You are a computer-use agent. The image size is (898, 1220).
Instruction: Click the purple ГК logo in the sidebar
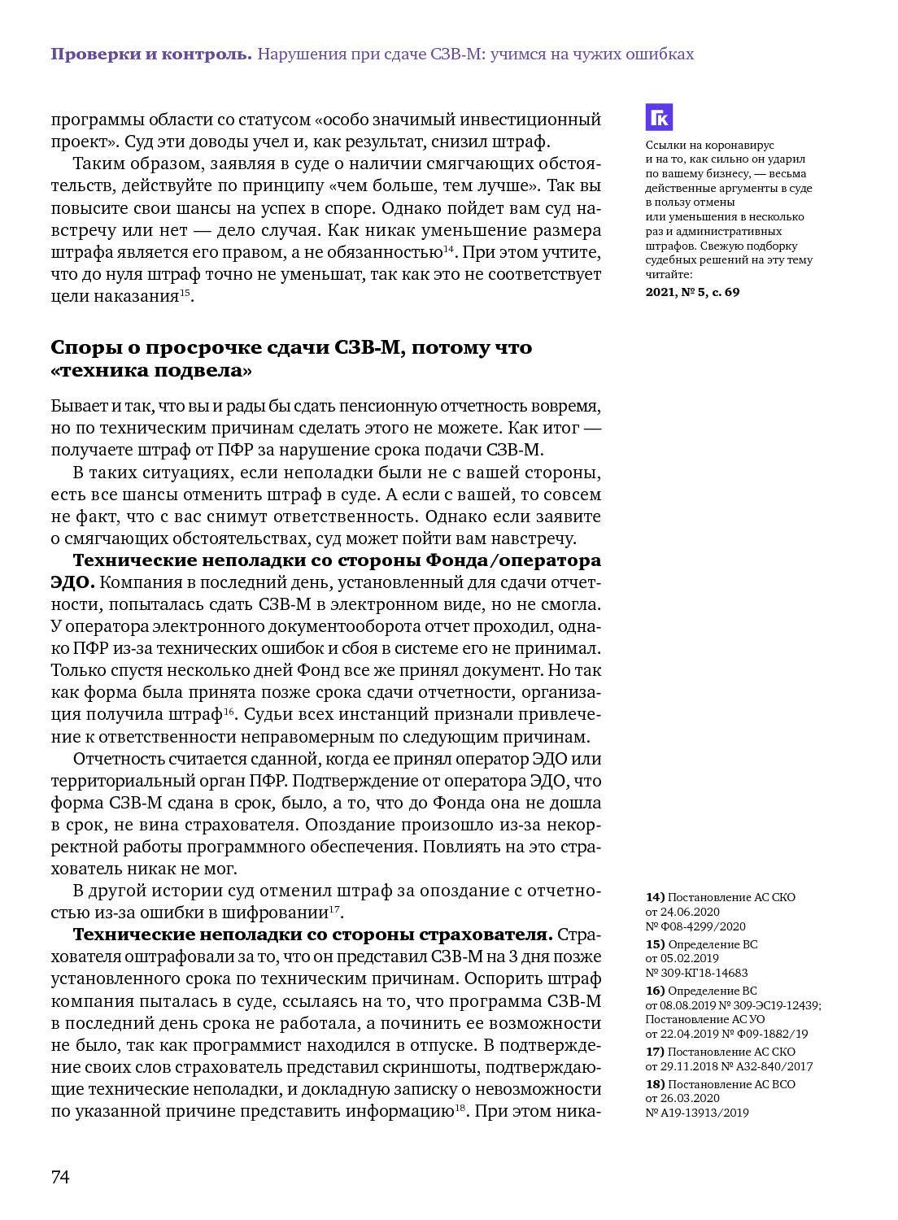click(x=659, y=117)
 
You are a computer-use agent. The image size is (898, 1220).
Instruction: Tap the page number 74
click(x=60, y=1177)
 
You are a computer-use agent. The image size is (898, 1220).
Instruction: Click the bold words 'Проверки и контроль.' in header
click(x=151, y=54)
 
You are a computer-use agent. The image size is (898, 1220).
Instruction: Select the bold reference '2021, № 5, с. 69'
click(x=692, y=292)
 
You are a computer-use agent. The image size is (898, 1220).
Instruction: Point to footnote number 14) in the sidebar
click(x=655, y=897)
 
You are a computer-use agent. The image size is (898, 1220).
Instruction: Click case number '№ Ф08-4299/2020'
click(x=695, y=926)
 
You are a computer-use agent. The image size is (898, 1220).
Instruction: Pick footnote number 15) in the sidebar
click(x=655, y=944)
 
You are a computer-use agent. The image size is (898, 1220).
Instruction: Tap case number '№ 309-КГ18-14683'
click(x=696, y=973)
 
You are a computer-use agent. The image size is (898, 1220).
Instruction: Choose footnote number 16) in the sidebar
click(x=655, y=991)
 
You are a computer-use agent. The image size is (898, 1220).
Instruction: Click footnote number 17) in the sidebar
click(x=655, y=1052)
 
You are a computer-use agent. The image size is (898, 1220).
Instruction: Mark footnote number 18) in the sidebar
click(x=655, y=1084)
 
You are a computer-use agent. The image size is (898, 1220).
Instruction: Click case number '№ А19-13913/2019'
click(x=697, y=1113)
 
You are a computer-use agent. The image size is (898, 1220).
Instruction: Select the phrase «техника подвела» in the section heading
click(x=151, y=371)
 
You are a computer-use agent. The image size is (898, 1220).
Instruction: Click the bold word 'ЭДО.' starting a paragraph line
click(x=72, y=582)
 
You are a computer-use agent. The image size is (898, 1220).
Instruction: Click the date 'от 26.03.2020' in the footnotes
click(x=682, y=1098)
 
